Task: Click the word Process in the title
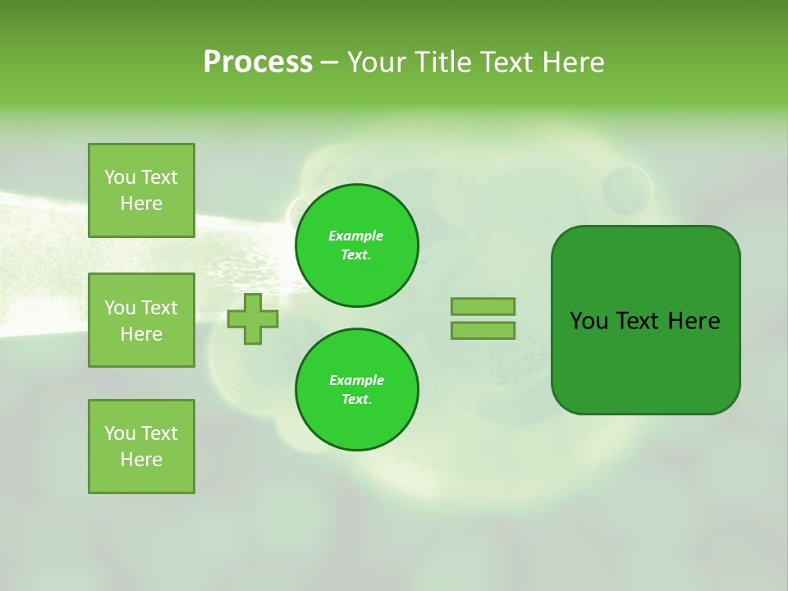(x=258, y=62)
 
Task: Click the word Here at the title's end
(x=570, y=62)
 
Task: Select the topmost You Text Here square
(x=141, y=190)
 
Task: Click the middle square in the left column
(x=141, y=320)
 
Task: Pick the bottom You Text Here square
(x=141, y=447)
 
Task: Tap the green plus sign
(x=253, y=318)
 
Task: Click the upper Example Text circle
(x=356, y=245)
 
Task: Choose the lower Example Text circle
(x=356, y=390)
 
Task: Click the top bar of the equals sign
(x=483, y=307)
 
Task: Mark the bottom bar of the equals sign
(x=483, y=331)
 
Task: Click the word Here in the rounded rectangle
(x=694, y=321)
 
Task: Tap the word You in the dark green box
(x=589, y=321)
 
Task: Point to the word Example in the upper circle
(x=355, y=236)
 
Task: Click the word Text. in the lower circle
(x=356, y=400)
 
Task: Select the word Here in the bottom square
(x=141, y=460)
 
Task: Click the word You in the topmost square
(x=120, y=177)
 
